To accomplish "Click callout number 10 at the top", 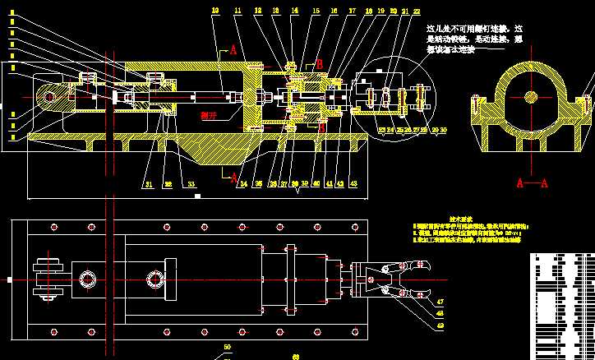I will (x=215, y=10).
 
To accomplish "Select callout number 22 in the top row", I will (x=417, y=11).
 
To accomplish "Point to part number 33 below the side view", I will (x=191, y=183).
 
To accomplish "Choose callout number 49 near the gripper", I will (x=439, y=325).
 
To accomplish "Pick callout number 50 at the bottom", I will (x=227, y=348).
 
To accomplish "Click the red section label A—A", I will (x=531, y=183).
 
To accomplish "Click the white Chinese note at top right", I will (x=474, y=39).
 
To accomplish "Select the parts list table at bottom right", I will (x=561, y=304).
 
